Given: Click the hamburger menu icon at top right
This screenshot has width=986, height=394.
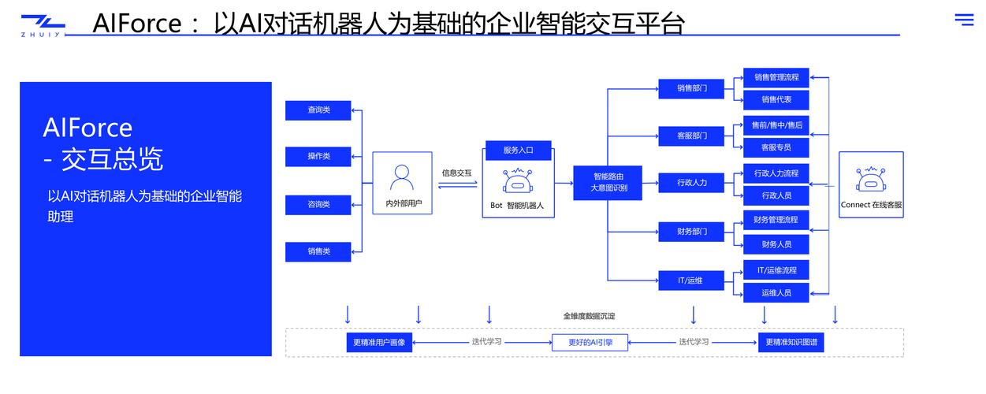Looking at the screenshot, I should point(964,20).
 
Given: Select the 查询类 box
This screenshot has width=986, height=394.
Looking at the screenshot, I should point(318,110).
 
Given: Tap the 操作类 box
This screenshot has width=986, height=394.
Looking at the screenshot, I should point(318,157).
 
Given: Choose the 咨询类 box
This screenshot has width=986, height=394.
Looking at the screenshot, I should point(318,205).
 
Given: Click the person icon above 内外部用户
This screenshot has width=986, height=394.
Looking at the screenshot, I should point(402,177).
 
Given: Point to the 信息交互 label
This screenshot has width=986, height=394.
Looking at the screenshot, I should point(456,173).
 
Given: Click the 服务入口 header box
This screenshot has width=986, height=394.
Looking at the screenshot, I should point(518,150).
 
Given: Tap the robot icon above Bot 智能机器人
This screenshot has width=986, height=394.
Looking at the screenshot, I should point(517,182).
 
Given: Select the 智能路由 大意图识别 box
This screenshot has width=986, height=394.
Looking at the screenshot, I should point(608,183).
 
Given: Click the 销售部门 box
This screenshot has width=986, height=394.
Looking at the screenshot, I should point(691,88).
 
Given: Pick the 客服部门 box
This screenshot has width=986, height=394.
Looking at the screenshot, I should point(691,136).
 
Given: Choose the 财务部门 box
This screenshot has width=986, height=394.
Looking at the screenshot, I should point(691,232).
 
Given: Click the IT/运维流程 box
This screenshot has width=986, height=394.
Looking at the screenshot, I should point(776,270).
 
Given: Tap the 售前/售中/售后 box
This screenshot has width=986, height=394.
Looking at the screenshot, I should point(776,125).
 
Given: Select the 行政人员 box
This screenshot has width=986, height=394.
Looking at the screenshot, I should point(776,195).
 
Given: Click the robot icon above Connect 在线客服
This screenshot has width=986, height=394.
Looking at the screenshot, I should point(871,179).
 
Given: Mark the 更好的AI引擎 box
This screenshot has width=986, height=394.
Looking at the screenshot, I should point(585,343).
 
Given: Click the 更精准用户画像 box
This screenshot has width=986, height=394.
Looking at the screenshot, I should point(379,343).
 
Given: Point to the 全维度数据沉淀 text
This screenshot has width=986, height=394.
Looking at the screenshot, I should point(589,316).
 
